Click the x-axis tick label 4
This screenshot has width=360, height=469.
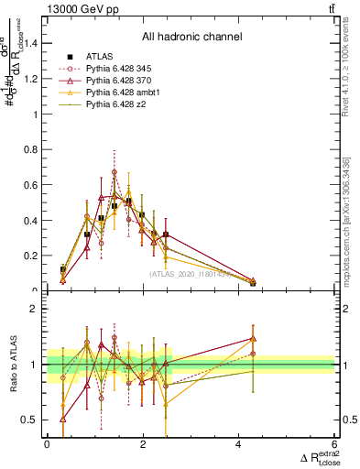pyautogui.click(x=239, y=444)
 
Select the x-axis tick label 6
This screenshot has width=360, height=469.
pyautogui.click(x=335, y=444)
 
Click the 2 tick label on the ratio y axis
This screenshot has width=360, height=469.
pyautogui.click(x=38, y=309)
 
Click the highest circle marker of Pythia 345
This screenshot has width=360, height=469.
pyautogui.click(x=115, y=171)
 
